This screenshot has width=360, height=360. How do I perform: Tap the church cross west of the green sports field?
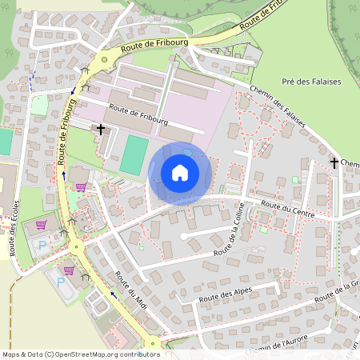102,128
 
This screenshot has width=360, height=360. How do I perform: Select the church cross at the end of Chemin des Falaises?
334,162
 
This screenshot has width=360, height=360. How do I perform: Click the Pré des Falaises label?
312,82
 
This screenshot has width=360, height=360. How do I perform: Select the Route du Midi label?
131,290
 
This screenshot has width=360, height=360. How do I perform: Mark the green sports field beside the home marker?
134,155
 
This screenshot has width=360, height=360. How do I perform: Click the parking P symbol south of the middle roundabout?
60,281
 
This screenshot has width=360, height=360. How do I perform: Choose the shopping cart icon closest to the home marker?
80,186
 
